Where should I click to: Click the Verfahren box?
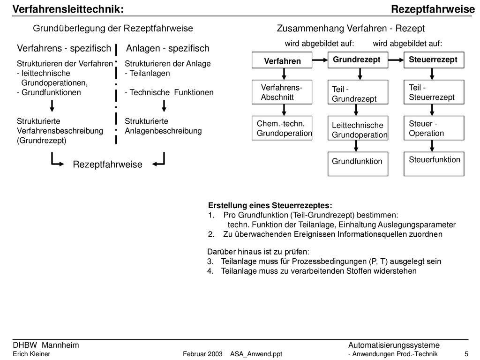coord(282,60)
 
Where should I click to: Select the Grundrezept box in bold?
coord(358,60)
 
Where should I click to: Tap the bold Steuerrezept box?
coord(434,60)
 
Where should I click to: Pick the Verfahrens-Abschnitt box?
coord(282,92)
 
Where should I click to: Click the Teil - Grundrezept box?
coord(358,92)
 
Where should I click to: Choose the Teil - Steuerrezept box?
coord(434,92)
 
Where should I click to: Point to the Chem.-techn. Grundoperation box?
coord(282,128)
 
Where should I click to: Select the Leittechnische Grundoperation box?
coord(358,128)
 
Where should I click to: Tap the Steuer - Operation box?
coord(434,128)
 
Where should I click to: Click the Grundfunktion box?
coord(358,164)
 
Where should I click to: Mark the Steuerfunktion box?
coord(434,164)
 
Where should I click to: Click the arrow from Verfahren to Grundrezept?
coord(320,60)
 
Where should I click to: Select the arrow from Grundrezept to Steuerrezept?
coord(396,60)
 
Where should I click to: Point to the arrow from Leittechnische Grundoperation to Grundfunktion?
coord(356,146)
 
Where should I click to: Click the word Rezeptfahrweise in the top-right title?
coord(433,9)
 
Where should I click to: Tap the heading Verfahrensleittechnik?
coord(68,9)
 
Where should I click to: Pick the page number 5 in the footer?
coord(466,354)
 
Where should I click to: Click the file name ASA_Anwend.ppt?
coord(256,354)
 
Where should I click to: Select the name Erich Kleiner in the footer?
coord(31,354)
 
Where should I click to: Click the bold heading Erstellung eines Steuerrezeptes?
coord(270,205)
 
